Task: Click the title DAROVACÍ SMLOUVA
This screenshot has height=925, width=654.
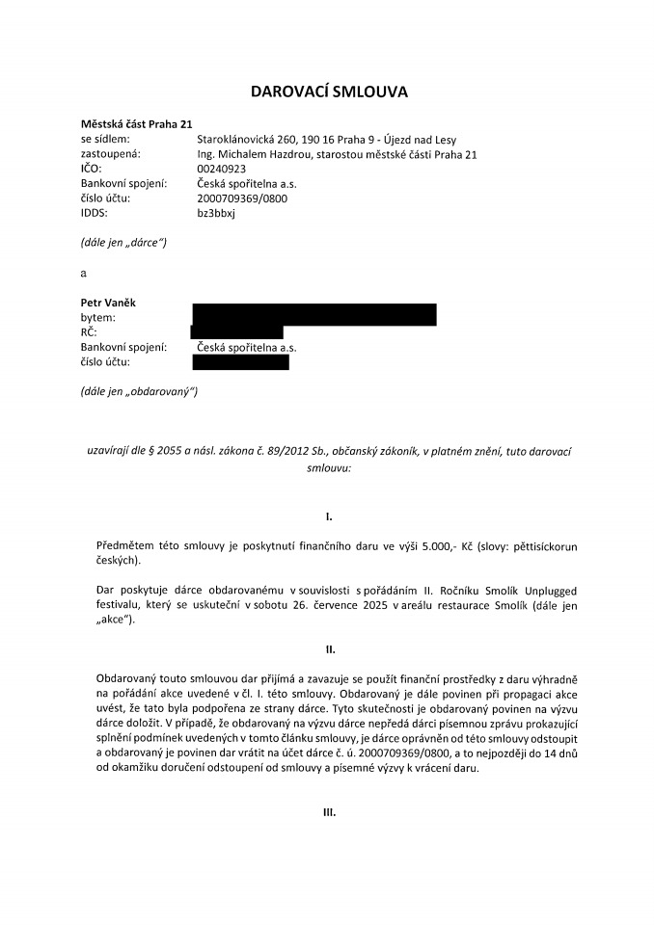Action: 330,92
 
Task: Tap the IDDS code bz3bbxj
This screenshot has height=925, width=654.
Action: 215,213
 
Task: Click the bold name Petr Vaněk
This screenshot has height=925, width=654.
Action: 108,303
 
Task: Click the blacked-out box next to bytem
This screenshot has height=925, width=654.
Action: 314,315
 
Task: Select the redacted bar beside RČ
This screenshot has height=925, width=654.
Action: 237,332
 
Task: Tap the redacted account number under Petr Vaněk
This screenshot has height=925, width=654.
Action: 240,362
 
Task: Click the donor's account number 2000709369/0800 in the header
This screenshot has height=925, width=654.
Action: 241,198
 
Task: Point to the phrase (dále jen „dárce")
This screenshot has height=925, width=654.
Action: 123,243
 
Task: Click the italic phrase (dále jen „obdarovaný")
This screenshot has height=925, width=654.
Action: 139,391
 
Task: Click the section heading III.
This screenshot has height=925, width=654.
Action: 328,813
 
